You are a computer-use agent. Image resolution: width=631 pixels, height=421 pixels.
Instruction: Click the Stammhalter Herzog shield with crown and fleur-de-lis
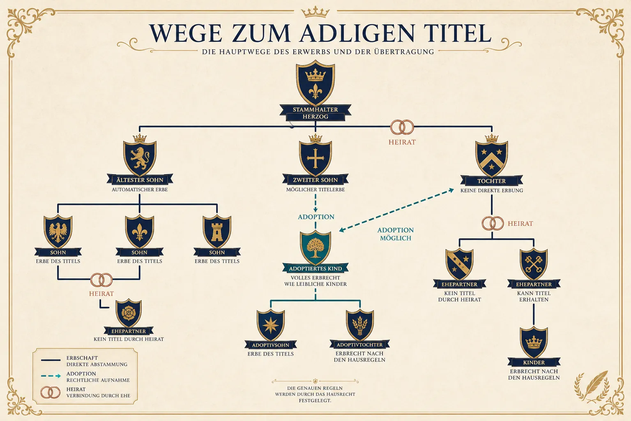315,83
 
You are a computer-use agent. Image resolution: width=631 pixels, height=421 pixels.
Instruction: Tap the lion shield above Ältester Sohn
140,158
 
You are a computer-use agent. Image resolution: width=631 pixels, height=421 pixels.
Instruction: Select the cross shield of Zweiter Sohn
315,158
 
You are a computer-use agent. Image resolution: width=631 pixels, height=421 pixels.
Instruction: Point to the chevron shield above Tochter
492,159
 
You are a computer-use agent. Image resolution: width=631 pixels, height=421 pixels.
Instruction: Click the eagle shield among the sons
58,231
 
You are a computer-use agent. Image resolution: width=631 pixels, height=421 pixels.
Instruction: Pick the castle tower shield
217,231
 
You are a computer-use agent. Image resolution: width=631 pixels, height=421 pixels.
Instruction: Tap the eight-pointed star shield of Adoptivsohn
270,325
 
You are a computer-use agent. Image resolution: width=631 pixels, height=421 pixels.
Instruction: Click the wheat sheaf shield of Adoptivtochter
360,325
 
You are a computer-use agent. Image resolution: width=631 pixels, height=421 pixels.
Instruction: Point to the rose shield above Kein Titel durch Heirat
129,313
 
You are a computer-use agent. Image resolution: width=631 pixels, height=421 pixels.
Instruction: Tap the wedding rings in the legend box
50,392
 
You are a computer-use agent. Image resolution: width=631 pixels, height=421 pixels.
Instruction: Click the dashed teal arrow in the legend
51,376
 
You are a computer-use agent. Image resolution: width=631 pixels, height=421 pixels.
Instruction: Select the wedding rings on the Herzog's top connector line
402,127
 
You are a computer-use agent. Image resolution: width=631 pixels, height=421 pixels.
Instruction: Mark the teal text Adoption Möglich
396,234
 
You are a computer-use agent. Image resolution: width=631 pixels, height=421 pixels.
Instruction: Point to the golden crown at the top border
315,12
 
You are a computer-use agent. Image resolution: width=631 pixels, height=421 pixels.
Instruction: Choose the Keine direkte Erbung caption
492,191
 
